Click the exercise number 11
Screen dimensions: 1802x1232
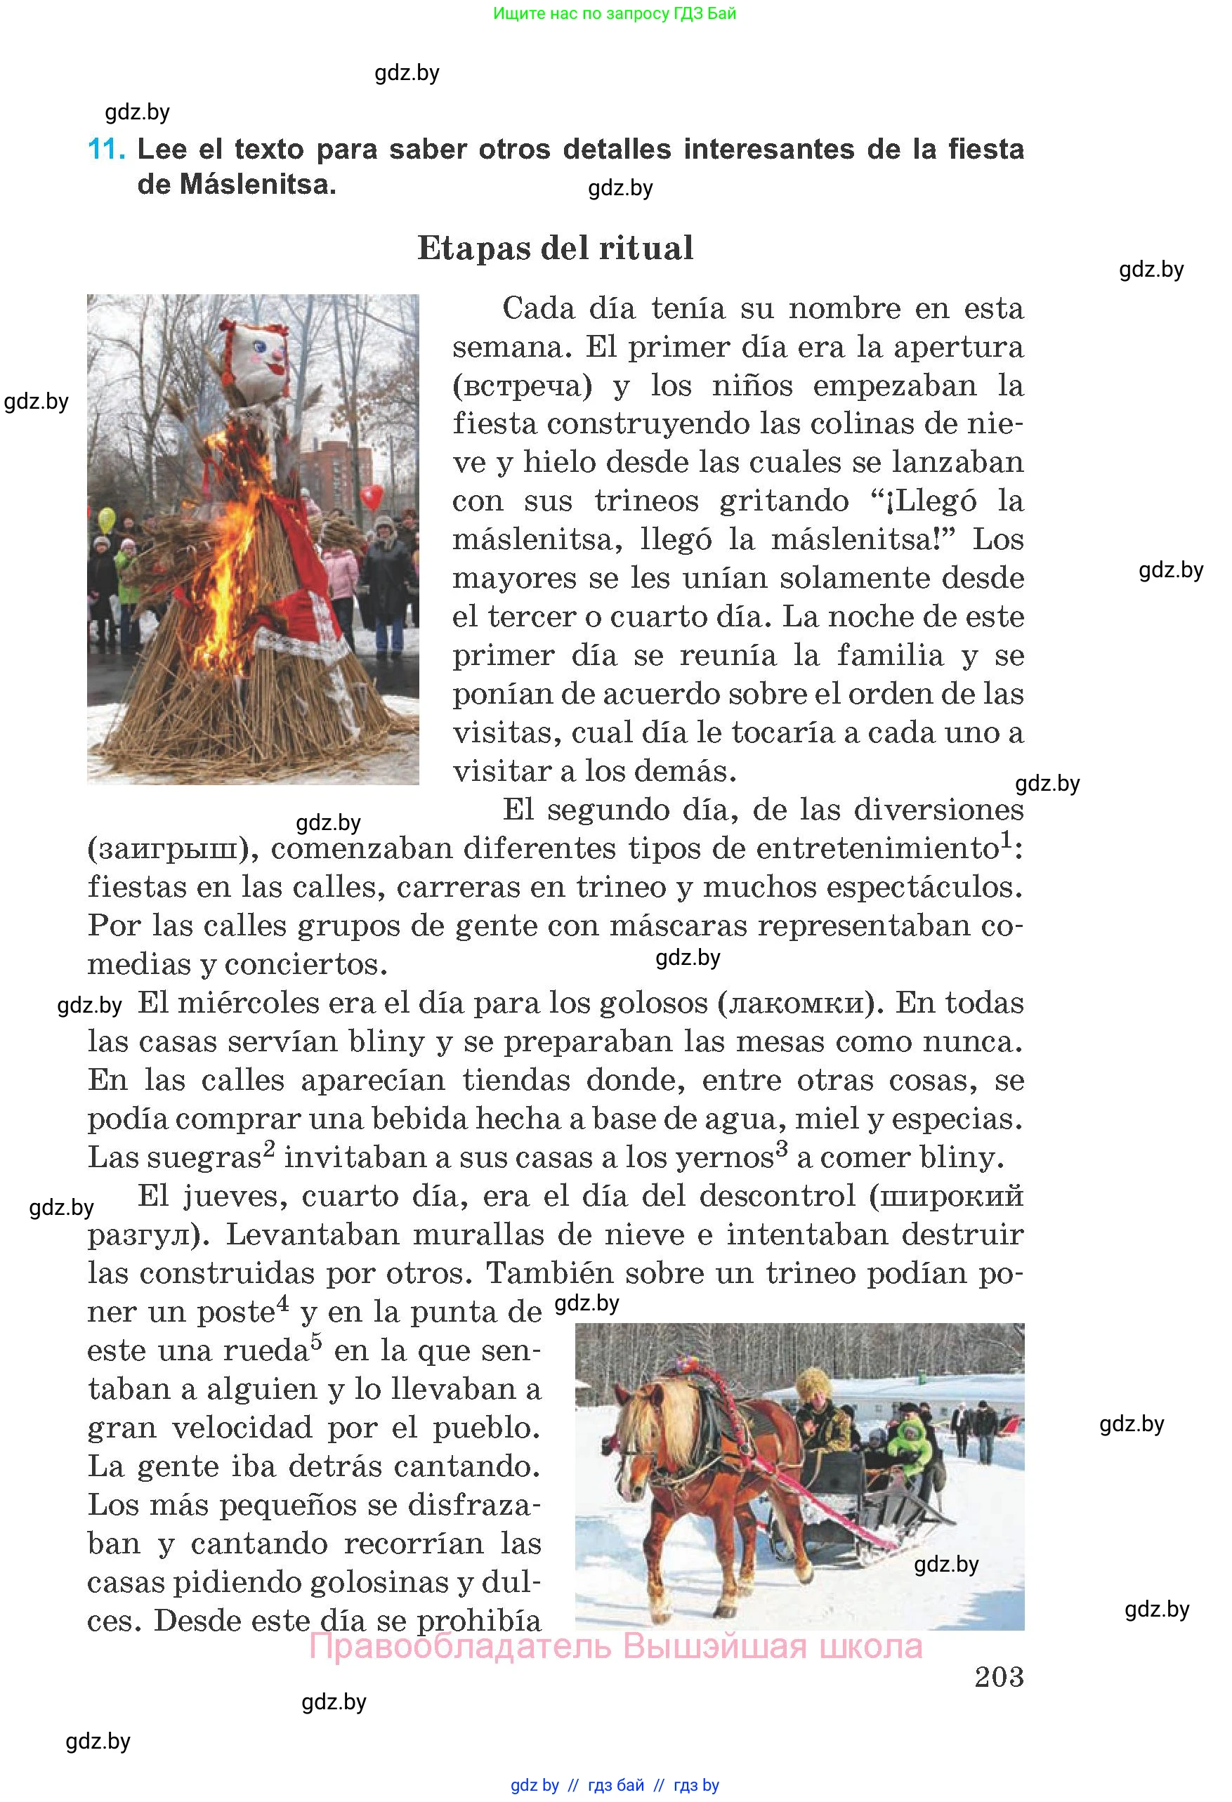click(x=105, y=149)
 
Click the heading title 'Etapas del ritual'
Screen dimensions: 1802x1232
click(x=555, y=248)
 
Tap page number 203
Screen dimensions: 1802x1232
click(x=999, y=1676)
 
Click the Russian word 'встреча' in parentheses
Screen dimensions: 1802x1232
click(x=522, y=386)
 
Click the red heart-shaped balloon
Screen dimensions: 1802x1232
click(x=373, y=496)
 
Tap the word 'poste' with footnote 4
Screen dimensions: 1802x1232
click(x=236, y=1313)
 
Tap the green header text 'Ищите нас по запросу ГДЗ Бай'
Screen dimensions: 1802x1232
click(x=614, y=13)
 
